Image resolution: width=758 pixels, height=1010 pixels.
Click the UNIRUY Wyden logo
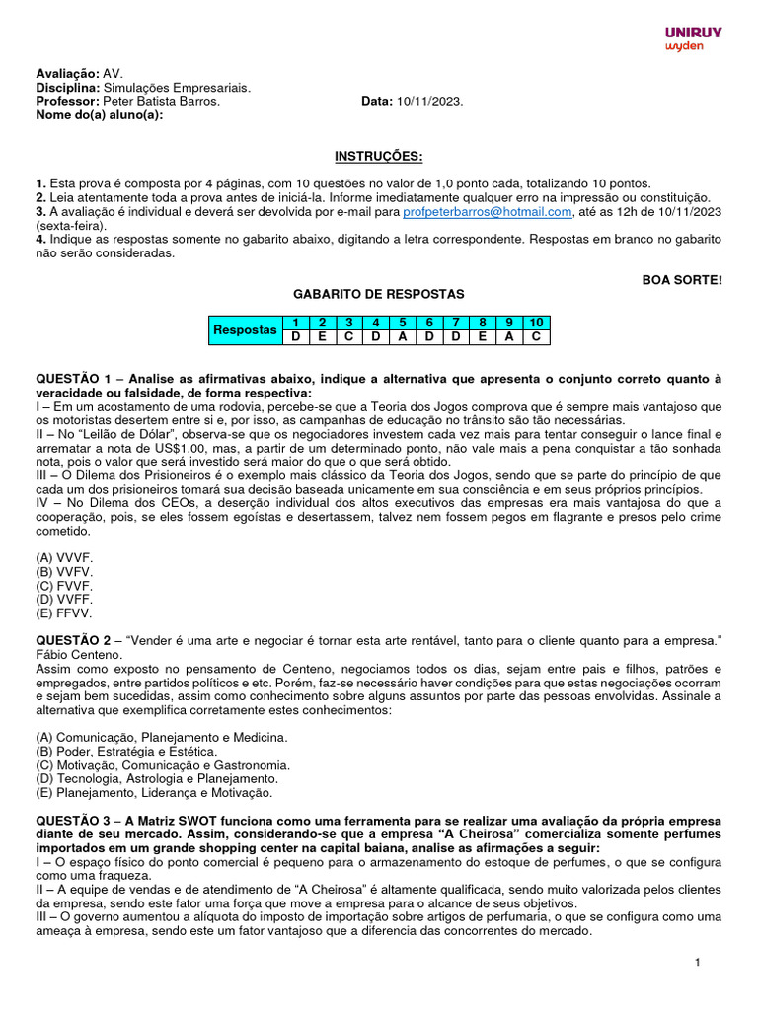pyautogui.click(x=693, y=38)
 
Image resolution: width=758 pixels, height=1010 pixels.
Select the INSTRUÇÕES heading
pyautogui.click(x=378, y=157)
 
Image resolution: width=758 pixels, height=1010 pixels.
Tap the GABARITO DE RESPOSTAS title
pyautogui.click(x=378, y=294)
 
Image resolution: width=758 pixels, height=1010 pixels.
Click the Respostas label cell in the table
pyautogui.click(x=245, y=330)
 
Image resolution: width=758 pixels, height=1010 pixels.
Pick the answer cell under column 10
pyautogui.click(x=535, y=337)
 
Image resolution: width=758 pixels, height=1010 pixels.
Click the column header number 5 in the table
pyautogui.click(x=402, y=324)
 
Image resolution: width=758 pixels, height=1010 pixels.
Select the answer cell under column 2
pyautogui.click(x=322, y=337)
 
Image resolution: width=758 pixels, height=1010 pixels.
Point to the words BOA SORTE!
pyautogui.click(x=682, y=280)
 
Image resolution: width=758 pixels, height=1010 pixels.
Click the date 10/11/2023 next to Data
pyautogui.click(x=429, y=102)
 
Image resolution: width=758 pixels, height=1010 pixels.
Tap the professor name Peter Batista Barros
pyautogui.click(x=162, y=102)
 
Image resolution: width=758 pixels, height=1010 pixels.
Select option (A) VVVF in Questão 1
pyautogui.click(x=64, y=557)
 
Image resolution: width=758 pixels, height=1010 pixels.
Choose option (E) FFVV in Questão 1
pyautogui.click(x=64, y=613)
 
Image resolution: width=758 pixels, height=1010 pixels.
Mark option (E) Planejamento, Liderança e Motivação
pyautogui.click(x=153, y=793)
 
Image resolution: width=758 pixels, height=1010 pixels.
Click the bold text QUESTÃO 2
pyautogui.click(x=73, y=641)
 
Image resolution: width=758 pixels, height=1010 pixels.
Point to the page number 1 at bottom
pyautogui.click(x=698, y=963)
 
